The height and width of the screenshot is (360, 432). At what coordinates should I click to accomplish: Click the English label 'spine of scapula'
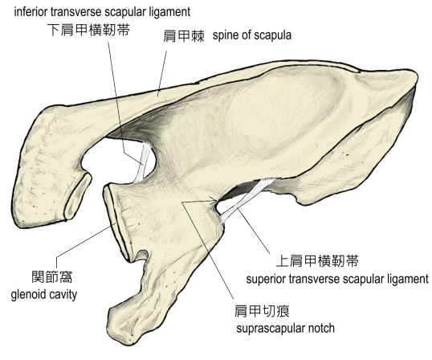click(x=252, y=35)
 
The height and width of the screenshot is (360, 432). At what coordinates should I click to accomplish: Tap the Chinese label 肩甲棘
click(x=184, y=36)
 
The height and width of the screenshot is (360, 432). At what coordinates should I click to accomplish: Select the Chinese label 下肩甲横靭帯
click(x=88, y=30)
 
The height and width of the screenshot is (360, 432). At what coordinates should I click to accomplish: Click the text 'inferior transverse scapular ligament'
click(x=102, y=12)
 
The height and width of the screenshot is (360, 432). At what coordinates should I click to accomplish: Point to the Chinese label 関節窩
click(x=52, y=276)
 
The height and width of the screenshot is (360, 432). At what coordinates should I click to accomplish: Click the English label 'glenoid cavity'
click(x=44, y=294)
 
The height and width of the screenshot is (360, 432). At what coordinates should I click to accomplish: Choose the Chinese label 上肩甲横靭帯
click(x=317, y=261)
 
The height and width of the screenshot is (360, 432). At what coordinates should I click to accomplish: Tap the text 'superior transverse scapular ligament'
click(x=337, y=279)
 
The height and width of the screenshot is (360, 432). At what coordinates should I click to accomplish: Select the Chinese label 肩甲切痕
click(x=262, y=312)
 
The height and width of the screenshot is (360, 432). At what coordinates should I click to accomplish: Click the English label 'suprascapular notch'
click(x=285, y=329)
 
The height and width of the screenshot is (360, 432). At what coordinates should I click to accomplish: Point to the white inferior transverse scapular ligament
click(x=143, y=162)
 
